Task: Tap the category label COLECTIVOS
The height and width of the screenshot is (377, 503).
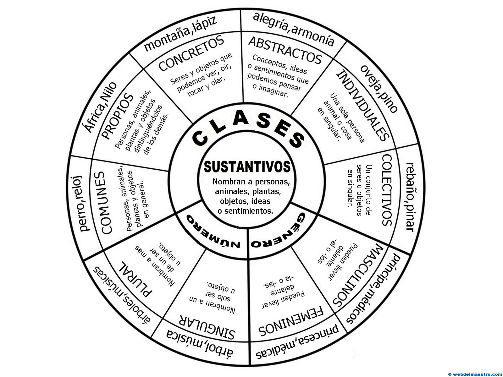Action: tap(387, 190)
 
